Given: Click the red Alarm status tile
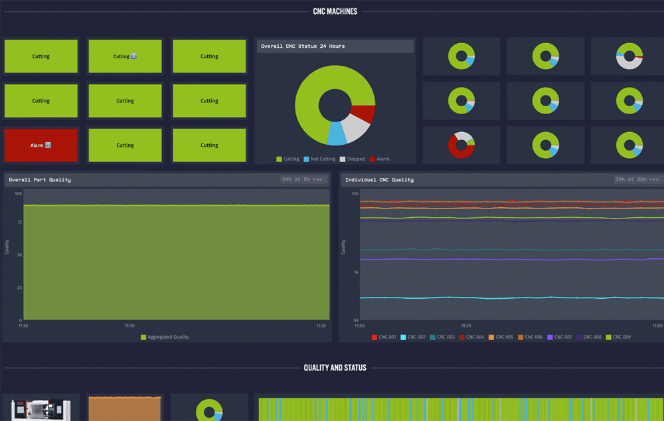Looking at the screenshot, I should (41, 145).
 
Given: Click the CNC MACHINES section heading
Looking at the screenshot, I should (335, 11).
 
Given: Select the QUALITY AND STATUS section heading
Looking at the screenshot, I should (335, 367).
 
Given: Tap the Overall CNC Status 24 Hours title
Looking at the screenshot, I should (303, 46).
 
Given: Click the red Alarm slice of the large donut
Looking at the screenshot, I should (364, 114).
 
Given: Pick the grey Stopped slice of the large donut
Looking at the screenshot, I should (356, 129).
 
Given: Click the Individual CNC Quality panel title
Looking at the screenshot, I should (379, 180).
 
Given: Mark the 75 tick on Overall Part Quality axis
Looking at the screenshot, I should (19, 223).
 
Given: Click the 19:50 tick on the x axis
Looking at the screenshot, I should (130, 326).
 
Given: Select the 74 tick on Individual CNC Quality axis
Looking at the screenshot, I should (355, 273).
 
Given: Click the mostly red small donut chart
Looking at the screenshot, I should (461, 145).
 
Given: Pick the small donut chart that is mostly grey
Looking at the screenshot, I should (629, 56).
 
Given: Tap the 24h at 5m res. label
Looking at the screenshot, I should (304, 180).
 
